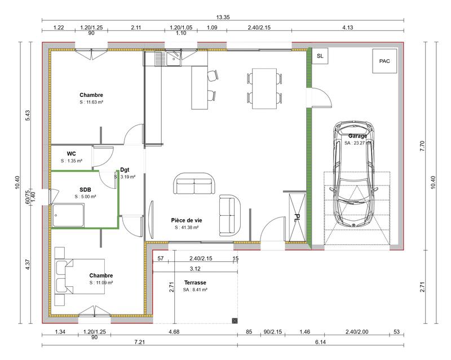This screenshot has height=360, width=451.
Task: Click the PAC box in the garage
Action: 384,61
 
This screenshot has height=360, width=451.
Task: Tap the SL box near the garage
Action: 320,56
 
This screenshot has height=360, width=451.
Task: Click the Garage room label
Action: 357,136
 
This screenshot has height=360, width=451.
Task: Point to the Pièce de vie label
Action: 187,220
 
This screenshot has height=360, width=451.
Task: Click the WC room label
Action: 72,153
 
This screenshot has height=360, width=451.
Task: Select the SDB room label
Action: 85,189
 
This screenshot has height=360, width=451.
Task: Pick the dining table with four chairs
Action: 264,88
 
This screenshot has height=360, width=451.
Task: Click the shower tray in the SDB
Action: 69,215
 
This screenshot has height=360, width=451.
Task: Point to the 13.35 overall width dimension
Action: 223,17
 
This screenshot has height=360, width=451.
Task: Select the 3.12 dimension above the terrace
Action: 196,268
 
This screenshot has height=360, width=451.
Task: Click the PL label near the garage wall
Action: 297,217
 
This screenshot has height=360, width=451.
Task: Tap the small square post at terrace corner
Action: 234,320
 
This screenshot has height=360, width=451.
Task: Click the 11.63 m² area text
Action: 91,103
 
